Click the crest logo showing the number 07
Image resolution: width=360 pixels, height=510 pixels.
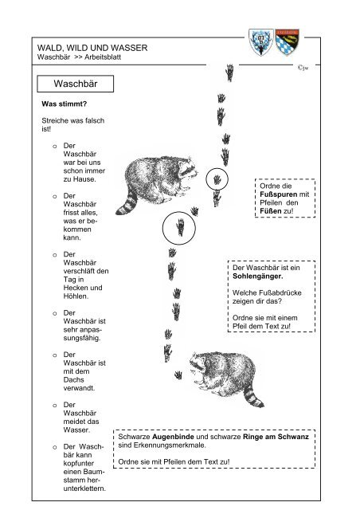(256, 41)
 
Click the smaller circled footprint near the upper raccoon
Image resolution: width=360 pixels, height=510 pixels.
(216, 178)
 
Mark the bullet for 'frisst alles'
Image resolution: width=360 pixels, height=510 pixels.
(53, 195)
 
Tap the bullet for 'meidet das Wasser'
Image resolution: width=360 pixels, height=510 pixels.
(53, 406)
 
